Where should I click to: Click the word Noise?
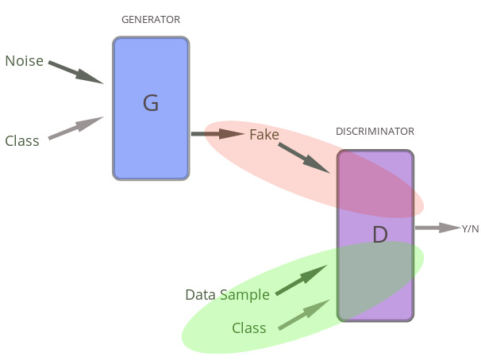coord(24,61)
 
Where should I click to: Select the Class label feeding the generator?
coord(22,141)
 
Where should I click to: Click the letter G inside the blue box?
coord(151,102)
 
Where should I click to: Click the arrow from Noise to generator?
coord(75,71)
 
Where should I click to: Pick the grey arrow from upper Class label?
coord(75,128)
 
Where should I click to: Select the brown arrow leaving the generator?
coord(217,133)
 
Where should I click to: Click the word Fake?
coord(264,135)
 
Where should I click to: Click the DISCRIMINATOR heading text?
coord(375,132)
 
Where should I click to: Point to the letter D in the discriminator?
coord(380,234)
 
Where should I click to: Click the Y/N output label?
coord(470,229)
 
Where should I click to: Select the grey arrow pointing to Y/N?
coord(437,228)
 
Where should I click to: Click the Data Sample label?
coord(227,295)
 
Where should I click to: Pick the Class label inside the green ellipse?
coord(248,327)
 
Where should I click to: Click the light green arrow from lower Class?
coord(303,315)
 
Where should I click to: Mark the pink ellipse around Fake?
coord(238,151)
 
